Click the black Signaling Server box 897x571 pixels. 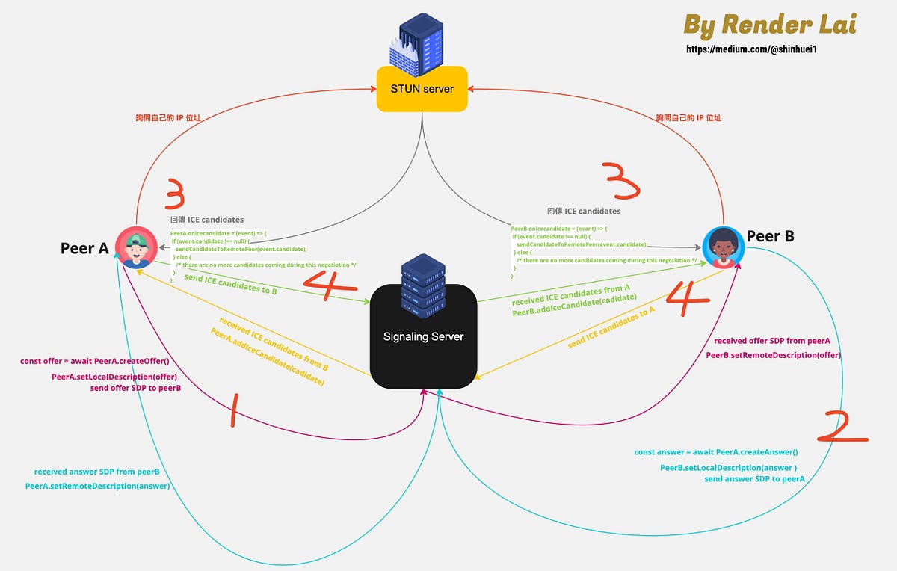(x=423, y=336)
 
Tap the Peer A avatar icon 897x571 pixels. (x=136, y=247)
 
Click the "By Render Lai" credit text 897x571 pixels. (x=770, y=25)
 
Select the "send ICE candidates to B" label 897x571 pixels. (x=230, y=284)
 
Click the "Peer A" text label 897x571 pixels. (x=84, y=248)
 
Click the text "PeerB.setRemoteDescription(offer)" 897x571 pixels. (x=774, y=355)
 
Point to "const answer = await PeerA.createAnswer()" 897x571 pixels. (x=716, y=452)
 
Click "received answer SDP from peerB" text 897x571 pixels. (x=97, y=472)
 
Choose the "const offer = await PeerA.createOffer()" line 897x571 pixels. (x=95, y=362)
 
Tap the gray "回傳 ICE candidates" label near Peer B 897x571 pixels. (x=584, y=212)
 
